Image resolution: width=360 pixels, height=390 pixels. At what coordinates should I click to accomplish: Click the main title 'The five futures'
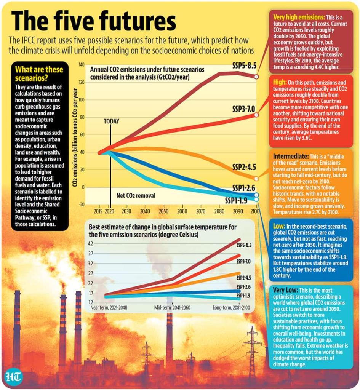[94, 21]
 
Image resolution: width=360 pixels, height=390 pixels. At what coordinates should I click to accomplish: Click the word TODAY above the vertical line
[111, 121]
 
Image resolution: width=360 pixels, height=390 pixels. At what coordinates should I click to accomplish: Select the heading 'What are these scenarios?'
[38, 74]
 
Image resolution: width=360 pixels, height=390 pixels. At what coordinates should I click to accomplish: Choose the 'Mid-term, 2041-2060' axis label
[172, 307]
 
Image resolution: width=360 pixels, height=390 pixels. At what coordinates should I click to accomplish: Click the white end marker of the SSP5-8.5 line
[257, 77]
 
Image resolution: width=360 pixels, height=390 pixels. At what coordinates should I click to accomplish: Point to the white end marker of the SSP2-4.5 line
[256, 179]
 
